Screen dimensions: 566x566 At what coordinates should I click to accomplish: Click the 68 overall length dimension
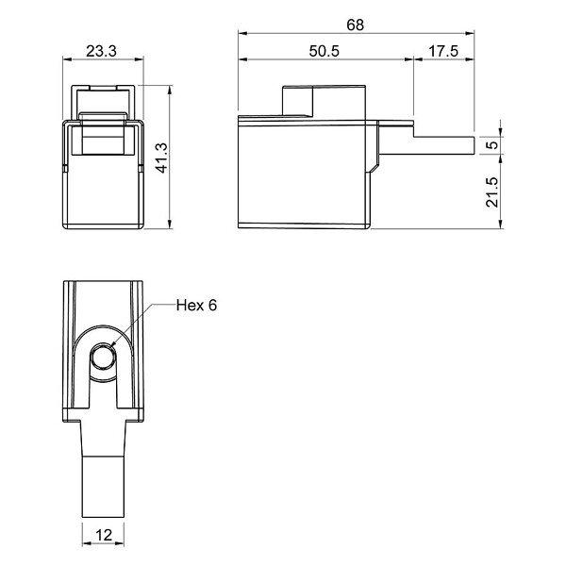coord(356,25)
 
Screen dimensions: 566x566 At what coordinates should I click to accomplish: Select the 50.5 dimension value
coord(325,51)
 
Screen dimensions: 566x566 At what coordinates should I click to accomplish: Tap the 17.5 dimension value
coord(443,51)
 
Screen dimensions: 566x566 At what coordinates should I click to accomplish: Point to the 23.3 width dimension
coord(102,51)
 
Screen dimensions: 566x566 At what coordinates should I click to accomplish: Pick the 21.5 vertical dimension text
coord(492,191)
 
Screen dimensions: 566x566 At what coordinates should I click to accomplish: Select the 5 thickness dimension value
coord(492,145)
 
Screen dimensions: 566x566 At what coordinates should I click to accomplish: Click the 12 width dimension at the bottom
coord(104,535)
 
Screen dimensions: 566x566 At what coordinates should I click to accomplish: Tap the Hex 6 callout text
coord(197,306)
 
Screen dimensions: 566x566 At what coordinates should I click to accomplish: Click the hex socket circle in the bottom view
coord(103,357)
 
